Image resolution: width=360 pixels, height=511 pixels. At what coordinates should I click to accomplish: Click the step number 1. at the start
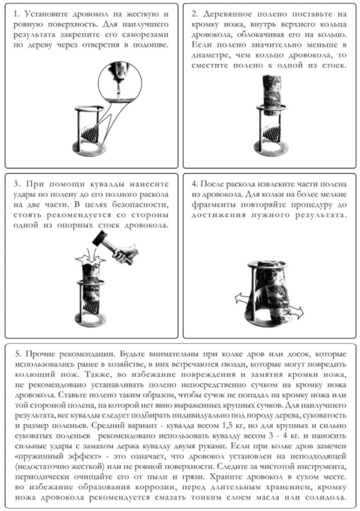(17, 14)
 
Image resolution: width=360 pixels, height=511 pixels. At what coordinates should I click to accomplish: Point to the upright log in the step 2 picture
(271, 95)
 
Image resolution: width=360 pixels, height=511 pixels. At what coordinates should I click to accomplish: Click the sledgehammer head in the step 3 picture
(100, 239)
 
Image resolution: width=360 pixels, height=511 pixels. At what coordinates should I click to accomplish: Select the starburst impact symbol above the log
(90, 259)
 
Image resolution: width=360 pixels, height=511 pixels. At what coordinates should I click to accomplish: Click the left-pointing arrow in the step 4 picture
(242, 298)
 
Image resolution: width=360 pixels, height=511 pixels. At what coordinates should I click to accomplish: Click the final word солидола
(325, 498)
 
